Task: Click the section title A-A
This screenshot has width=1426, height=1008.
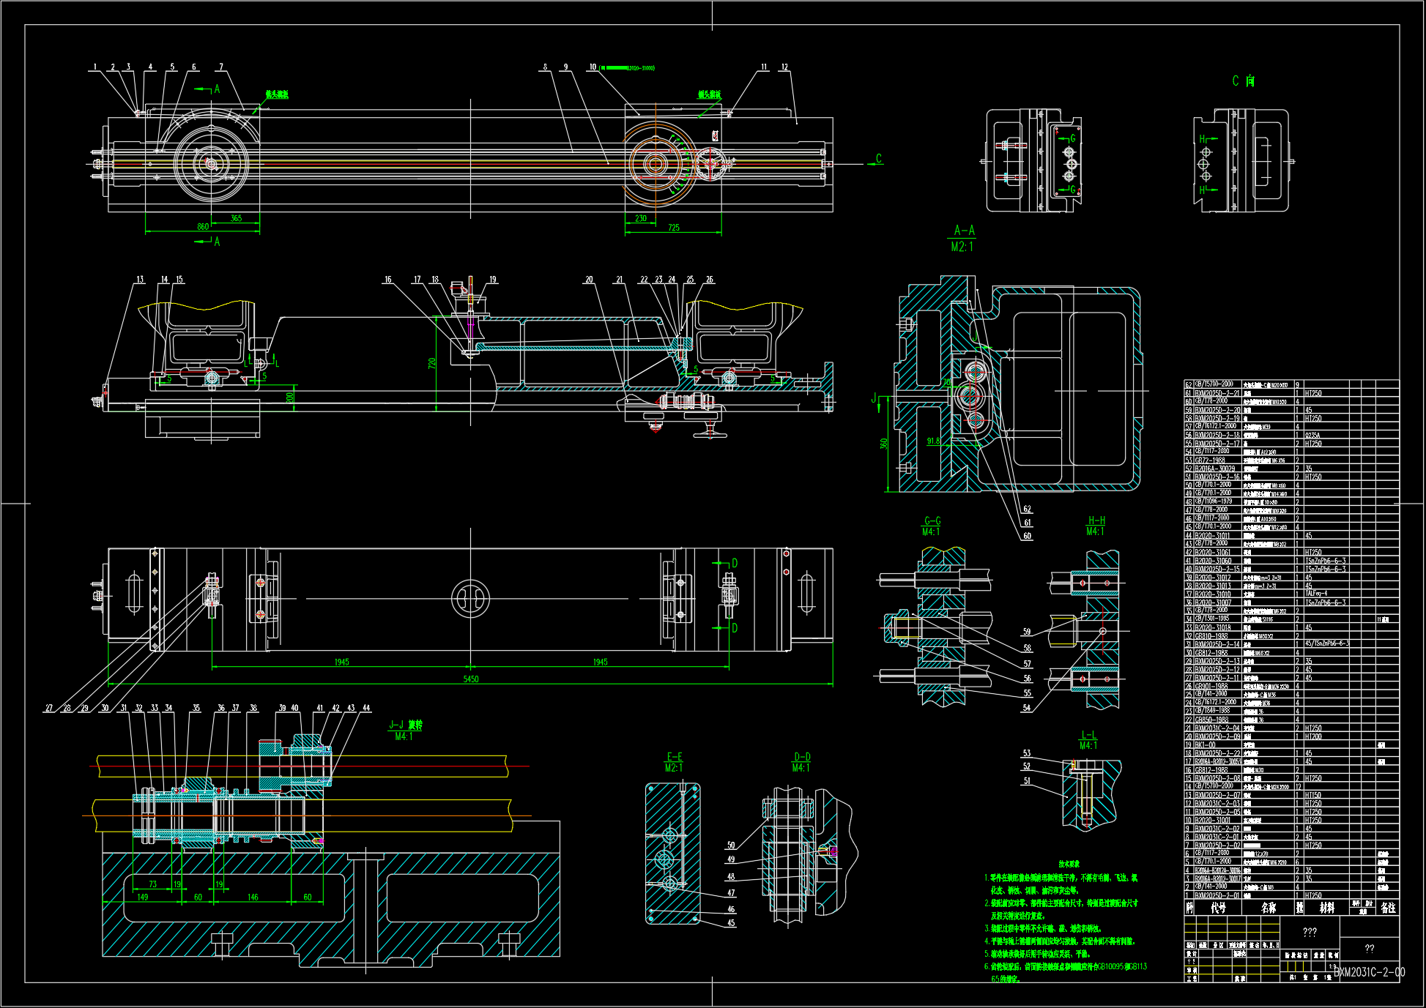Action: (964, 231)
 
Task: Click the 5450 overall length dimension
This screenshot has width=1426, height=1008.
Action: (471, 679)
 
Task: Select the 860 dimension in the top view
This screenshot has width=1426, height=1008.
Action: (203, 227)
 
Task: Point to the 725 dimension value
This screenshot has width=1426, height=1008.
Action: (673, 228)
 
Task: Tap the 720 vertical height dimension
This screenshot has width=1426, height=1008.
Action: (432, 363)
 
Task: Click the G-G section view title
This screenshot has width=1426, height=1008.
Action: (932, 521)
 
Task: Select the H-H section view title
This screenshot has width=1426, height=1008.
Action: (1096, 520)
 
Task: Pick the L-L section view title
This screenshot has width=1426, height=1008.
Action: (1088, 735)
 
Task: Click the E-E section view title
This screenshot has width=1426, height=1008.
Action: (674, 757)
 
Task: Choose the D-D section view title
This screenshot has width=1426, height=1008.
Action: (802, 757)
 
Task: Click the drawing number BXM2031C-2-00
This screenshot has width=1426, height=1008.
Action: (1368, 972)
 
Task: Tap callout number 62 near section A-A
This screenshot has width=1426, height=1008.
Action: (1027, 509)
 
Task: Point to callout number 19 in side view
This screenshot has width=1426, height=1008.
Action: (492, 280)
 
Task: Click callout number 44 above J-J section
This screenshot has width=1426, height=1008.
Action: (366, 708)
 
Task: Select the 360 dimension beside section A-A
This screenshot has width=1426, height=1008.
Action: (884, 444)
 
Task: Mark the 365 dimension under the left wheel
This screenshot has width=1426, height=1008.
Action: (236, 218)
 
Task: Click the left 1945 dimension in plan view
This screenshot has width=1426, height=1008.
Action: (341, 662)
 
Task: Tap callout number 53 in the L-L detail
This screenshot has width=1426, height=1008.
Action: (1027, 753)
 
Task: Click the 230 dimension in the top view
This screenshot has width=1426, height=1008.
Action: (640, 218)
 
